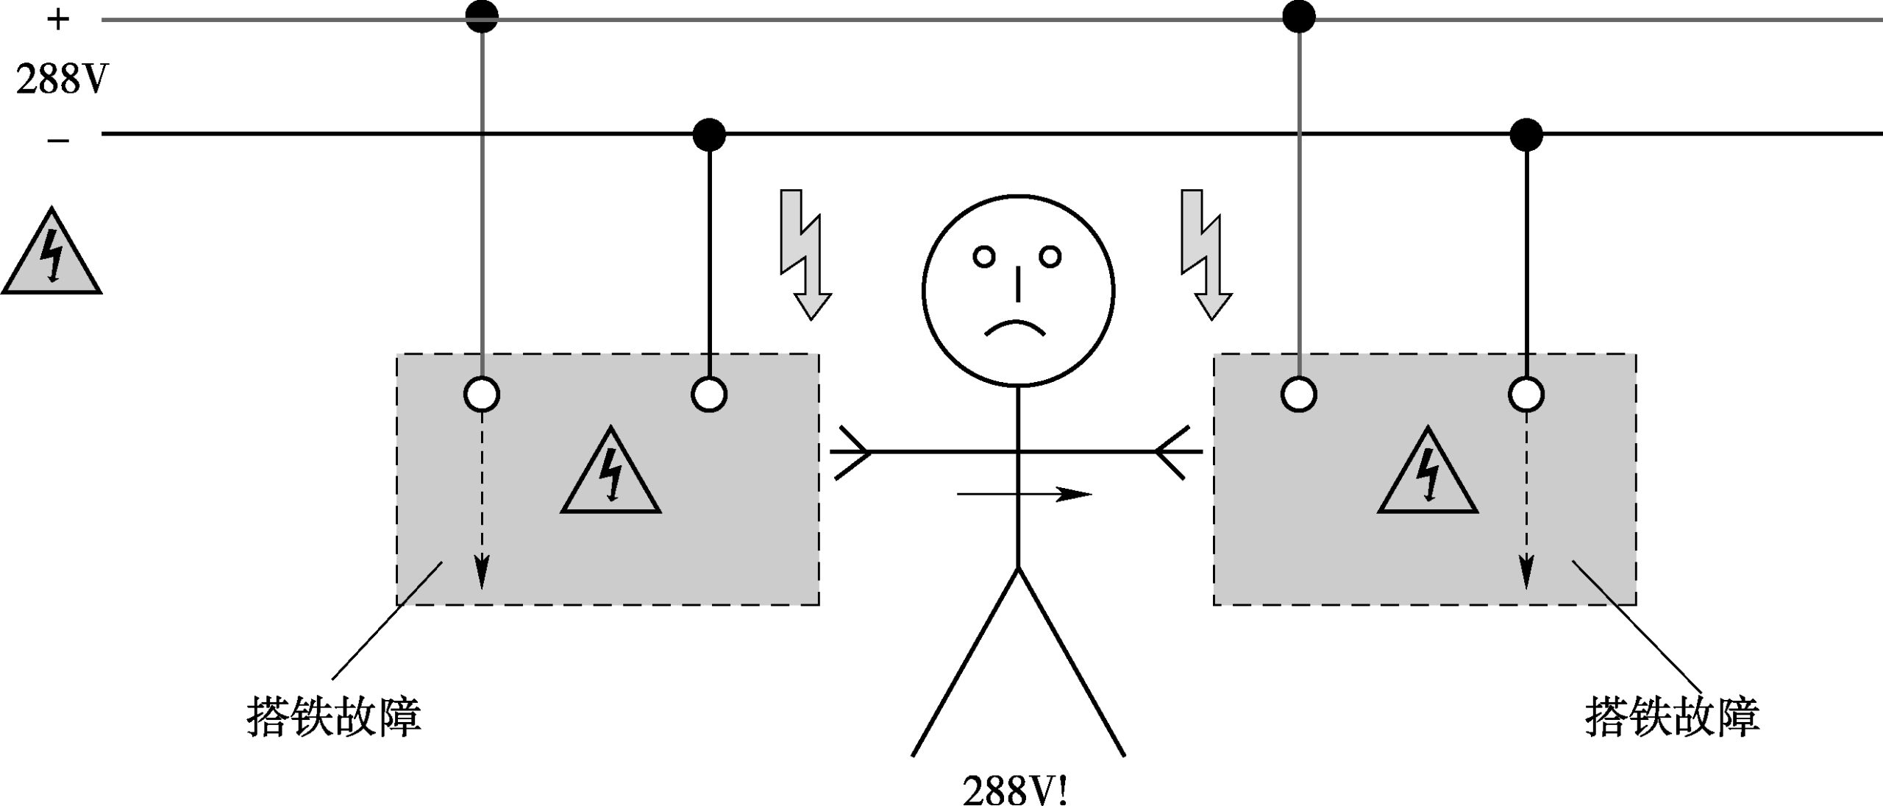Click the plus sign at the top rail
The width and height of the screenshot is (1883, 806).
point(57,20)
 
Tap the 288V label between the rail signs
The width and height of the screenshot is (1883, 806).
point(62,79)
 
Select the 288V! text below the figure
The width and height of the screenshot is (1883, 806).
point(1015,789)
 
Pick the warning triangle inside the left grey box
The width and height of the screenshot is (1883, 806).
point(611,473)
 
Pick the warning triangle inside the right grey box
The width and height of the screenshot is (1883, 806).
point(1427,473)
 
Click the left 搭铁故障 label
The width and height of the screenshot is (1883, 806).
point(333,717)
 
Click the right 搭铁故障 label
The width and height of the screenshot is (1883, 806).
point(1672,717)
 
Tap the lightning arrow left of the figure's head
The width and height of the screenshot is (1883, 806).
point(804,255)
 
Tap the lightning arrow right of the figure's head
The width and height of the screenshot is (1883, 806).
point(1205,255)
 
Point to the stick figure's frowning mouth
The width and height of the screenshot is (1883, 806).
point(1015,328)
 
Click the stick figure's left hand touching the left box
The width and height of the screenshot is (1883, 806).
point(852,451)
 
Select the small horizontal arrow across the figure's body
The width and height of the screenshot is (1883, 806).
point(1024,495)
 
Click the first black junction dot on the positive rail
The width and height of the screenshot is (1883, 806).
point(482,17)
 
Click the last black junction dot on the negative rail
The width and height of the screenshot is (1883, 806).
point(1526,135)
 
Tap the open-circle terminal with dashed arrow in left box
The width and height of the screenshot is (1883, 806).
point(482,395)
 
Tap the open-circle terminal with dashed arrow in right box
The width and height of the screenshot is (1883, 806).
point(1526,395)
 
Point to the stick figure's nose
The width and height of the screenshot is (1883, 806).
point(1018,284)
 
